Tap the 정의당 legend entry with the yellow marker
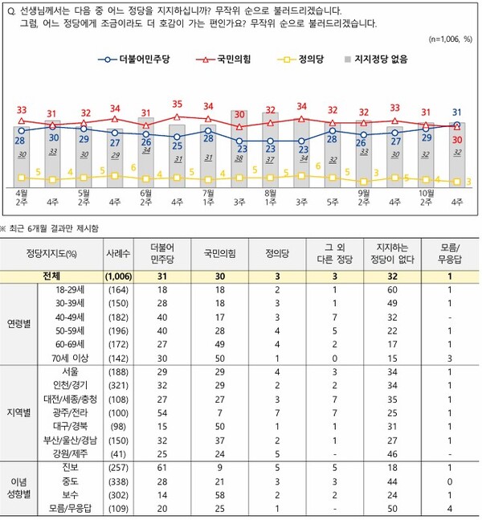point(302,60)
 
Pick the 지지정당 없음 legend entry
point(374,60)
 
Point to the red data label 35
point(177,104)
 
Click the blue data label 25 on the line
point(177,146)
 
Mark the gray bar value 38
point(239,158)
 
